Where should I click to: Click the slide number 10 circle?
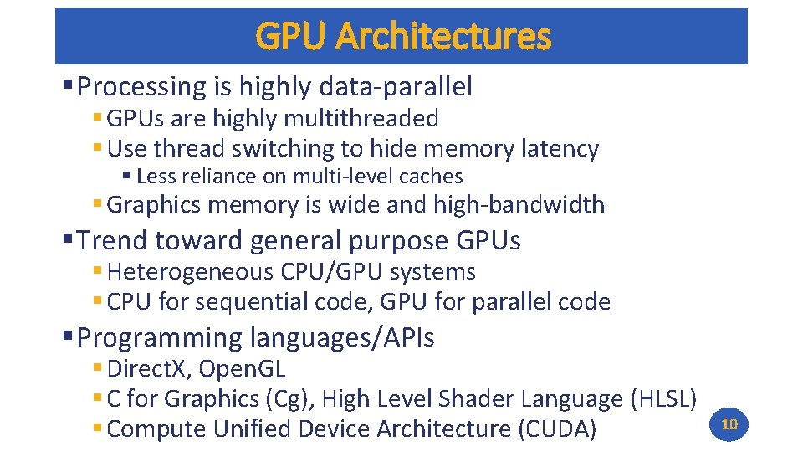729,424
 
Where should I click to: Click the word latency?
559,149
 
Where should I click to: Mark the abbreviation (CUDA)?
557,429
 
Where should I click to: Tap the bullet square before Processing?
68,85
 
